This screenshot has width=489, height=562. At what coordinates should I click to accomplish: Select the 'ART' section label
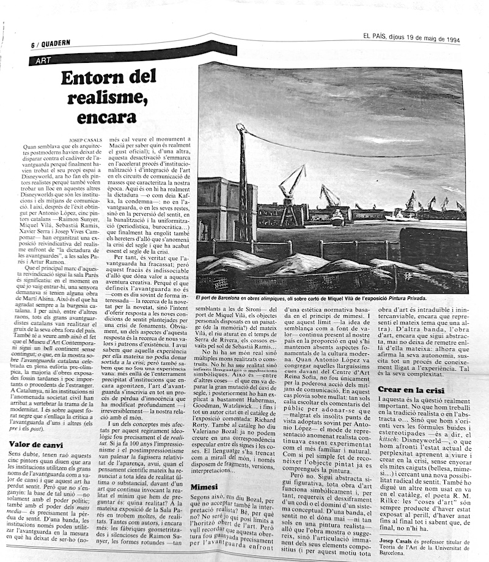click(43, 61)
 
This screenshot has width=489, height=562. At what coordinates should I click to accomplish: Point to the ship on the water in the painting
click(338, 217)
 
